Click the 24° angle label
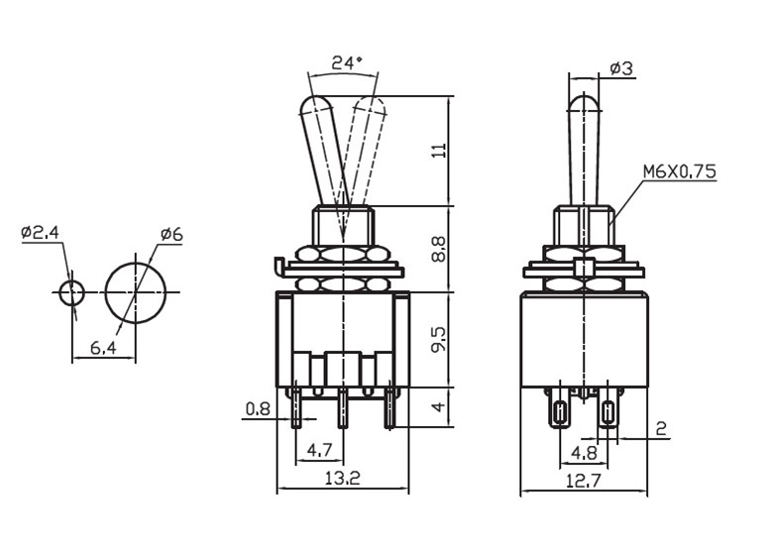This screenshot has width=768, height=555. tap(347, 62)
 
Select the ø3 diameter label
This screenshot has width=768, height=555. tap(621, 68)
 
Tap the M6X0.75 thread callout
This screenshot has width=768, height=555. tap(680, 171)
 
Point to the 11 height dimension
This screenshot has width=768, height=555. tap(439, 150)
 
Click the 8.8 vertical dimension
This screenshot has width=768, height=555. tap(439, 249)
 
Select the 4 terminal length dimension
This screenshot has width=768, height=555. tap(439, 406)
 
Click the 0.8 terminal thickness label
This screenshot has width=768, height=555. tap(258, 409)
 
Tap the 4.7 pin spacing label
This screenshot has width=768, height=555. tap(319, 449)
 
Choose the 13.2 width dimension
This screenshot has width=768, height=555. tap(342, 478)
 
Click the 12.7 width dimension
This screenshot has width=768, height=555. tap(584, 481)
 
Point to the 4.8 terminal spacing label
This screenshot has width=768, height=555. tap(584, 453)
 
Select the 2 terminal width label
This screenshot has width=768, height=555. tap(661, 429)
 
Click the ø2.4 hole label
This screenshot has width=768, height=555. tap(41, 232)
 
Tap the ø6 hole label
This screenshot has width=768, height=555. tap(171, 235)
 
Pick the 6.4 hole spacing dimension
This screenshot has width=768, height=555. tap(103, 348)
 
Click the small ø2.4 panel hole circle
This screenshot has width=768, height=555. tap(72, 293)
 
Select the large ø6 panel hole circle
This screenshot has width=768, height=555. tap(136, 293)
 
